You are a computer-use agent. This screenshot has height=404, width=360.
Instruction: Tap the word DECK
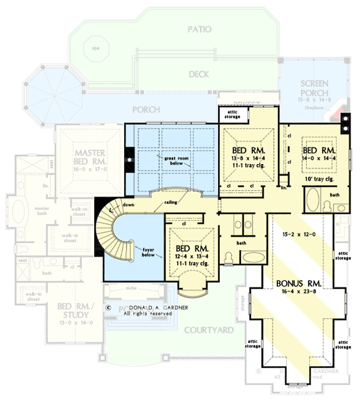[x=199, y=74]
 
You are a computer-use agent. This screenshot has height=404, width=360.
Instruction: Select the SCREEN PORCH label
[x=315, y=88]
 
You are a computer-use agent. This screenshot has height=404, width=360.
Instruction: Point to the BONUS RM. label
[x=298, y=285]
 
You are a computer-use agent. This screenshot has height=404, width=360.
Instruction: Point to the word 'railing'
[x=171, y=203]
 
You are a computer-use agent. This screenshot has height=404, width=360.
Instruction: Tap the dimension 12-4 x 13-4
[x=187, y=256]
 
